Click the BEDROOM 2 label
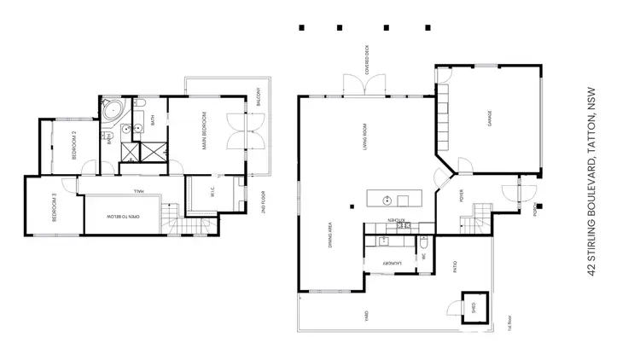pyautogui.click(x=74, y=145)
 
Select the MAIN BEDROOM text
pyautogui.click(x=205, y=132)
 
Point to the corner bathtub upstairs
pyautogui.click(x=113, y=111)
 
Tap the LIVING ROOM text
pyautogui.click(x=364, y=136)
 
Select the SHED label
pyautogui.click(x=468, y=306)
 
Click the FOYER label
pyautogui.click(x=462, y=202)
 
